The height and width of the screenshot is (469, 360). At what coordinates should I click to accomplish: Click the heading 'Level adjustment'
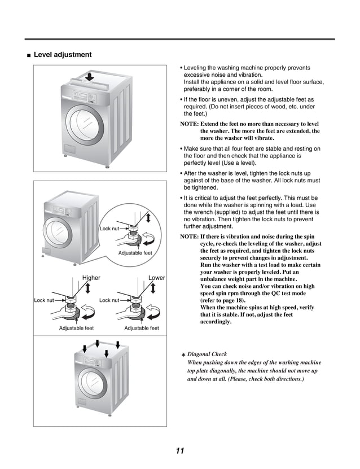(x=62, y=55)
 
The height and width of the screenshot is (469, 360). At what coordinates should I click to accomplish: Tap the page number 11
(x=179, y=450)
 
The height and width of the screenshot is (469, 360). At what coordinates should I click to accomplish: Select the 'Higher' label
(x=91, y=278)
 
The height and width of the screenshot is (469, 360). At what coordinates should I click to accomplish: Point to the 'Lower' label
(x=156, y=278)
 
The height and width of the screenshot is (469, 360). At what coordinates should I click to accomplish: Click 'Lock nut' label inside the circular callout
(x=109, y=229)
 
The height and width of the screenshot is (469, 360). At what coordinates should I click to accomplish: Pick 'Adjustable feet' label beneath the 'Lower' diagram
(x=141, y=328)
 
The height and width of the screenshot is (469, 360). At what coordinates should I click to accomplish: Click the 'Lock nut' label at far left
(x=43, y=300)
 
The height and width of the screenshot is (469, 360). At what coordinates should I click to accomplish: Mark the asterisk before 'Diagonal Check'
(x=183, y=355)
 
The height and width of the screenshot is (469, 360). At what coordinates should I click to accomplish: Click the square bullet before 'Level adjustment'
(x=28, y=55)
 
